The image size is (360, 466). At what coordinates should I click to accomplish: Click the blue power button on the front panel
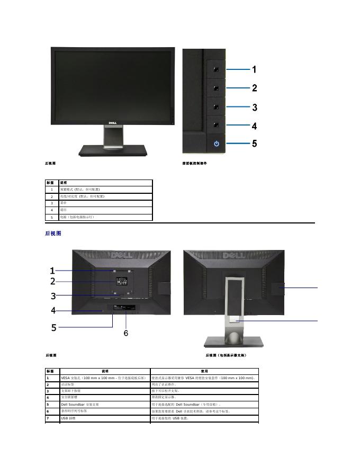tap(216, 144)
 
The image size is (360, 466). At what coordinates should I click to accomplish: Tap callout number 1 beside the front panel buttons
tap(254, 69)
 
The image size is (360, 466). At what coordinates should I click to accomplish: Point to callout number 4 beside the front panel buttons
tap(254, 126)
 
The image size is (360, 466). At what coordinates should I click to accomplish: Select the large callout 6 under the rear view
tap(126, 333)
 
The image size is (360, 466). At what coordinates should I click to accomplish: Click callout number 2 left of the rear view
tap(53, 281)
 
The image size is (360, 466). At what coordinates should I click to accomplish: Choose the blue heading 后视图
tap(53, 233)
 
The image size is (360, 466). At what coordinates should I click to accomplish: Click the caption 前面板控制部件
tap(194, 163)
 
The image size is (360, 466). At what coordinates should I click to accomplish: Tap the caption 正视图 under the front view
tap(51, 163)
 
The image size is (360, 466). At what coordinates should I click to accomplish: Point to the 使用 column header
tap(204, 371)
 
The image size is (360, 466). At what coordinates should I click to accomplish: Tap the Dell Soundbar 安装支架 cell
tap(80, 404)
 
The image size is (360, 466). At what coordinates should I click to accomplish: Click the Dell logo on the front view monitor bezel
tap(112, 123)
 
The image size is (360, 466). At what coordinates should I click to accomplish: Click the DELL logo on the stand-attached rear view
tap(238, 256)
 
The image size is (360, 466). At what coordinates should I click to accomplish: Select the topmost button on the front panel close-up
tap(216, 69)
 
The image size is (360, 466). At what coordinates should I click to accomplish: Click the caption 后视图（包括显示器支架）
tap(226, 355)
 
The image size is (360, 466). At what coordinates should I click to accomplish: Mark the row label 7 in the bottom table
tap(48, 418)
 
